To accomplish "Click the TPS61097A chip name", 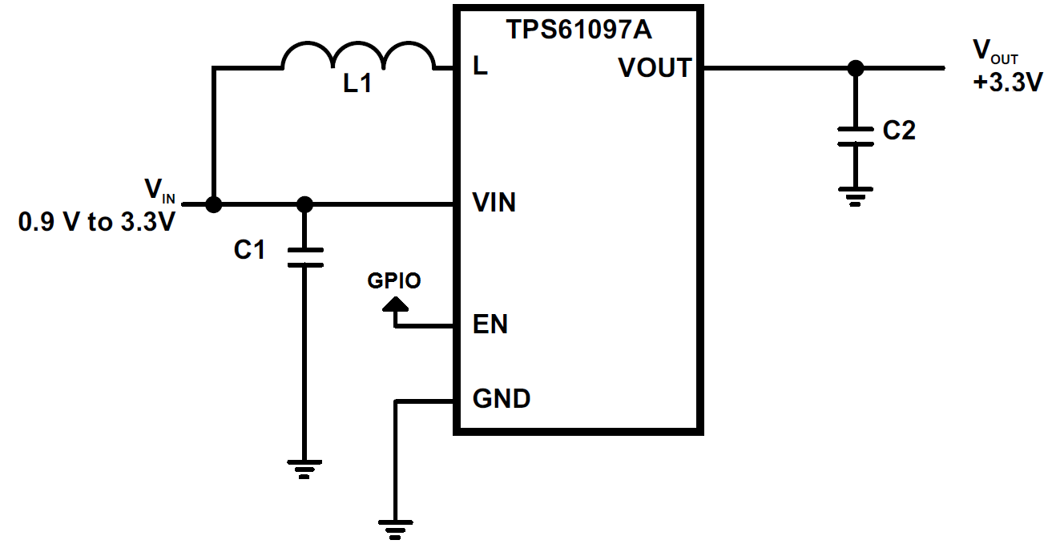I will point(578,30).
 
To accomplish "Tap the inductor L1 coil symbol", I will point(357,58).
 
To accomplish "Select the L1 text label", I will point(357,83).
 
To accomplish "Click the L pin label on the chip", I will point(480,67).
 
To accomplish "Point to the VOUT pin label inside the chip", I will point(654,68).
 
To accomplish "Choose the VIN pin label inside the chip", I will point(494,203).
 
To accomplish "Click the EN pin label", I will point(490,325).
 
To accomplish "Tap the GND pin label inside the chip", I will point(502,398).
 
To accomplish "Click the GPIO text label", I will point(394,280).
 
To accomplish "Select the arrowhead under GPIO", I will point(394,304).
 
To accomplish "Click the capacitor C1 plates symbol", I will point(304,256).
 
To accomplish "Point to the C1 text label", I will point(249,250).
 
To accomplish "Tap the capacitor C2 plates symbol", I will point(856,136).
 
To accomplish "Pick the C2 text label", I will point(898,131).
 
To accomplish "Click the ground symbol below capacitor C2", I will point(856,195).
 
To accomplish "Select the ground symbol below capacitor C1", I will point(304,468).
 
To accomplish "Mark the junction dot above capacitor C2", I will point(856,68).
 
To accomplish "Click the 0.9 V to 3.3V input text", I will point(96,222).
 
